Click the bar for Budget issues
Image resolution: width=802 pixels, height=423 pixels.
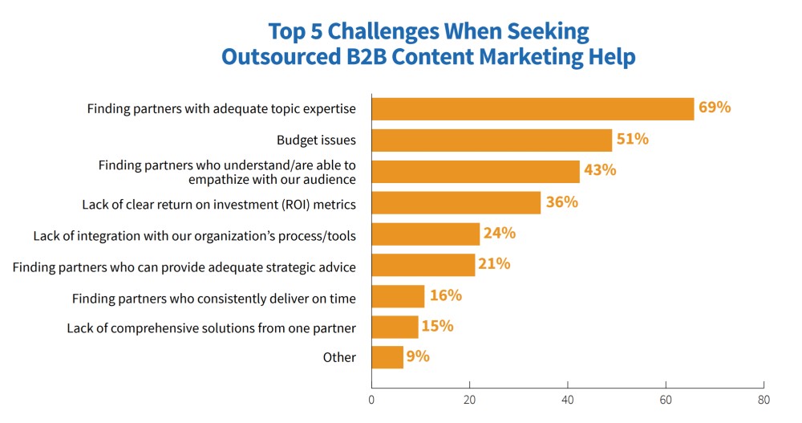coord(492,140)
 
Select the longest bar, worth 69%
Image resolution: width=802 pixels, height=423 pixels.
coord(533,108)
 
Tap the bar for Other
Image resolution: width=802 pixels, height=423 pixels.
coord(387,357)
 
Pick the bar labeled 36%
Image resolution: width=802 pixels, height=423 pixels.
coord(456,202)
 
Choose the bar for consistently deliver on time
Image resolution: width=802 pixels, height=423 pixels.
coord(398,296)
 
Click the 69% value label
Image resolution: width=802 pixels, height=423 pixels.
coord(715,107)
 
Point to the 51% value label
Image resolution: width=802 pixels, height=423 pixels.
coord(632,139)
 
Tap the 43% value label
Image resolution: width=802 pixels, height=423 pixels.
coord(599,170)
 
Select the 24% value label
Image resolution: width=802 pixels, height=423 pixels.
coord(499,234)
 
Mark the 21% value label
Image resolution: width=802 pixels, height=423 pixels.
coord(494,264)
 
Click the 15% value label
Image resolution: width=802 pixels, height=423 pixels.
coord(437,326)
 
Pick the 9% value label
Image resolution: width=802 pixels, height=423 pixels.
coord(418,356)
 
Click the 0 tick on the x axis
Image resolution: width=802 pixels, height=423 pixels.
coord(371,398)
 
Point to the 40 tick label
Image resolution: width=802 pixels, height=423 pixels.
coord(568,398)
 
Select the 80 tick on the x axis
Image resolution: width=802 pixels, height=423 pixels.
coord(764,398)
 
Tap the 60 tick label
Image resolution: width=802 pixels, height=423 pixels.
coord(666,398)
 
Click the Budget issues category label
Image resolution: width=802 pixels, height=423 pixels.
coord(316,140)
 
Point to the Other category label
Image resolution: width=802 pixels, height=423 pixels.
coord(339,357)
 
